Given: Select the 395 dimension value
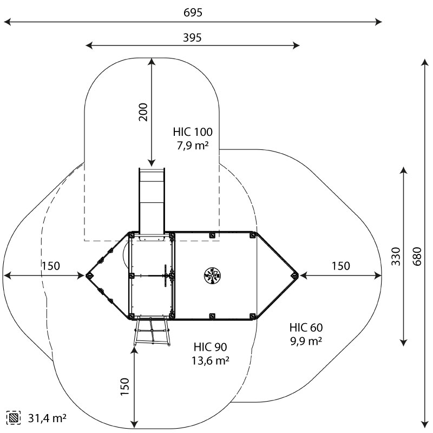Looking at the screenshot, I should [193, 37].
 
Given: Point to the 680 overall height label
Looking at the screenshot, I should [416, 255].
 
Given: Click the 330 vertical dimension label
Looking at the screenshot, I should [396, 255].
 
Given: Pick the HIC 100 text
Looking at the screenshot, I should [193, 132].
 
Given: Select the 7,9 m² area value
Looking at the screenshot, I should [193, 145].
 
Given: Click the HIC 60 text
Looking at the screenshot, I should [306, 327].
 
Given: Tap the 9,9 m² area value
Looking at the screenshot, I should [306, 340].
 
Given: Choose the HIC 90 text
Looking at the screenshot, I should [210, 347].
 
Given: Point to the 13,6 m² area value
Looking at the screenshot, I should [210, 360].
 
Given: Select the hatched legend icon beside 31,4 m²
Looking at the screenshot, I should [14, 417].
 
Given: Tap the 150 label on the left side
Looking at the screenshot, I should [51, 266].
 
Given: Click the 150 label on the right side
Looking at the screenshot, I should [340, 266].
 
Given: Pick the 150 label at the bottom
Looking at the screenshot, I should [125, 388].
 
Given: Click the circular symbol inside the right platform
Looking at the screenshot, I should [212, 275].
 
